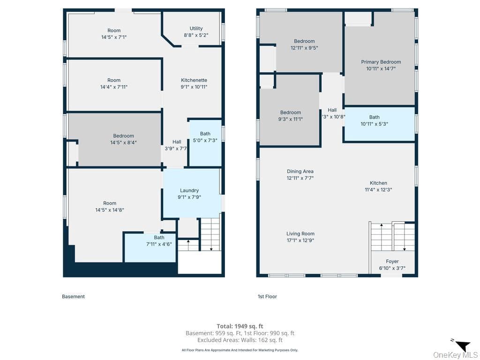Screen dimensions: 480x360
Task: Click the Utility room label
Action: click(196, 29)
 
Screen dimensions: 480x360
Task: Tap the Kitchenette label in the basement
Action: click(194, 80)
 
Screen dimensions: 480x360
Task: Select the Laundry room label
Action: click(189, 190)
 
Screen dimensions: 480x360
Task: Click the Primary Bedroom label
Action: click(381, 62)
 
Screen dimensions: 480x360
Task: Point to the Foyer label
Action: click(392, 262)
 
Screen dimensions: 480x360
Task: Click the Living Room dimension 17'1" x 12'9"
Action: click(300, 240)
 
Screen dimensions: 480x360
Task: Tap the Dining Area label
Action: click(300, 172)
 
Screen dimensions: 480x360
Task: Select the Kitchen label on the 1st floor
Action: click(378, 183)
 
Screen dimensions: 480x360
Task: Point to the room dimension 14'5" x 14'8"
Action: click(110, 210)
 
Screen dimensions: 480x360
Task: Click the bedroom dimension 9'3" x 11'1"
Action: click(291, 119)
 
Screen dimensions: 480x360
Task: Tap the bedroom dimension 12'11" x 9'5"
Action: click(304, 48)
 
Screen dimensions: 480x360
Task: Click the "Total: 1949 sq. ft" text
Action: click(240, 326)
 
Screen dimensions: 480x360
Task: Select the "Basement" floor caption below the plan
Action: click(73, 296)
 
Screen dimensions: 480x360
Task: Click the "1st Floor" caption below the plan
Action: click(267, 296)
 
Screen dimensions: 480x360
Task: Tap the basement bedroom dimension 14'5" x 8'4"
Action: click(123, 142)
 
